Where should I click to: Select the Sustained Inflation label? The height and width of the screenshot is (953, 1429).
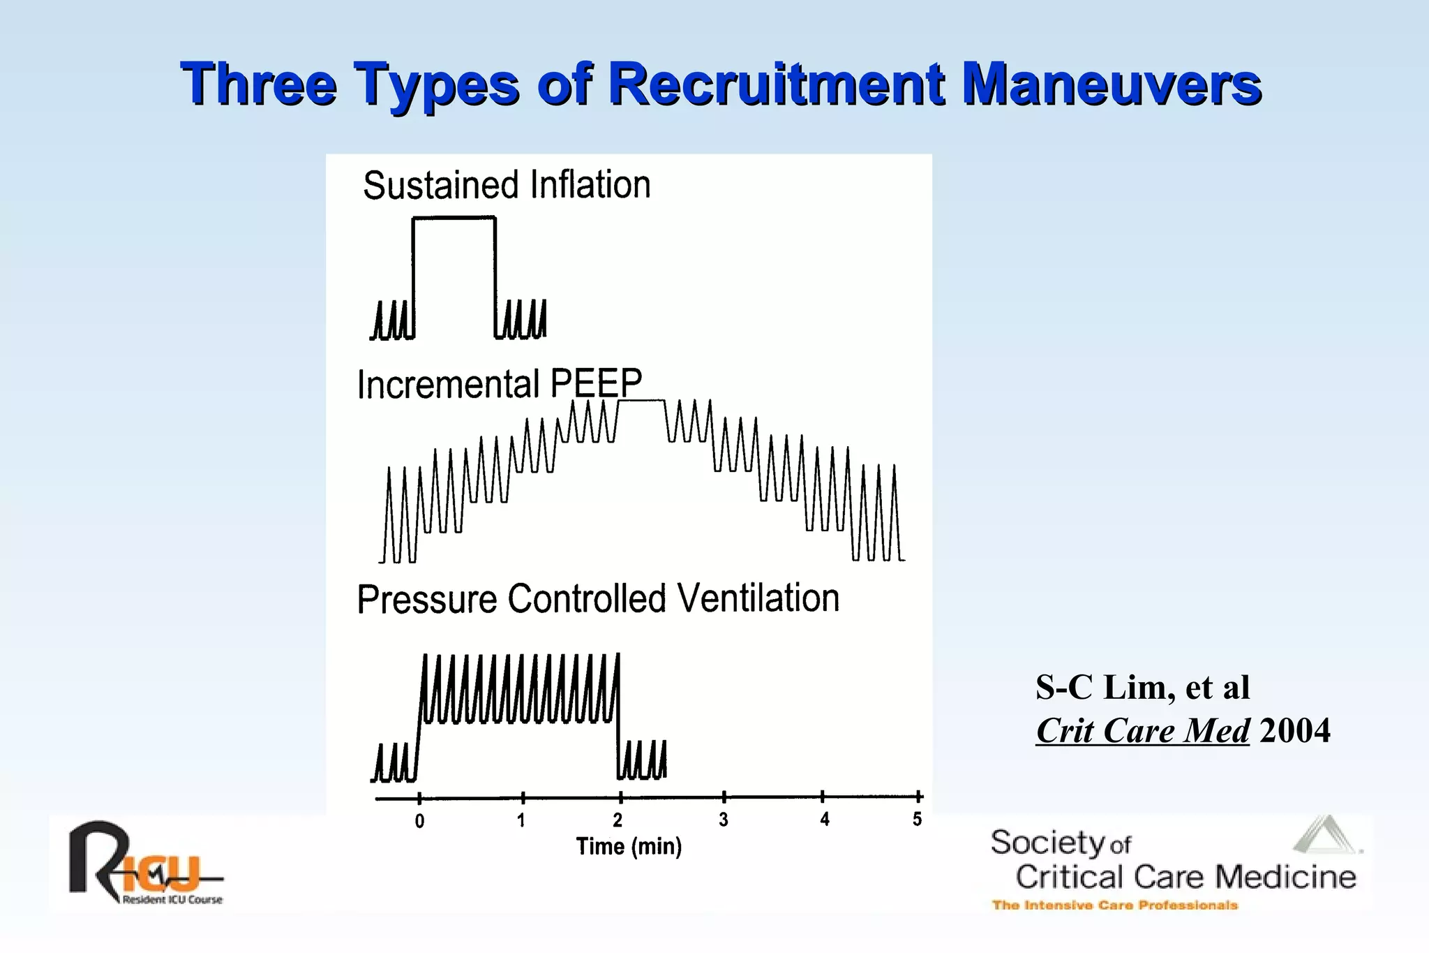[507, 186]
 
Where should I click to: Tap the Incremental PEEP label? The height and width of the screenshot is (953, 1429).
[499, 384]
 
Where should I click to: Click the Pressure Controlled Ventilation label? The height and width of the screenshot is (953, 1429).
[598, 599]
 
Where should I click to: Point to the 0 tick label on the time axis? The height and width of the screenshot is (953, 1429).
[419, 821]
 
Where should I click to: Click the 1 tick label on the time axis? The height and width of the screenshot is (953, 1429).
[521, 820]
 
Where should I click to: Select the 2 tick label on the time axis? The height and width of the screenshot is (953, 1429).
[618, 820]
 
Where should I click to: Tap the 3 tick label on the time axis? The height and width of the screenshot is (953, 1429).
[724, 820]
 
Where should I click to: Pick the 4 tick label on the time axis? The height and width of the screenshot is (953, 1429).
[825, 819]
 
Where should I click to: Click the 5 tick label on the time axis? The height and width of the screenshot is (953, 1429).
[917, 819]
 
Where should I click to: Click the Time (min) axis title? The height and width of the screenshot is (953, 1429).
[629, 847]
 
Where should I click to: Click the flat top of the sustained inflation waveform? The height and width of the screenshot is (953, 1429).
[454, 218]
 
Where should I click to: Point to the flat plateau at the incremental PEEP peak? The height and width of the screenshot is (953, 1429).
[641, 400]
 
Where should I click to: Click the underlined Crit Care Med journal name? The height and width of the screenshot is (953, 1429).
[1142, 731]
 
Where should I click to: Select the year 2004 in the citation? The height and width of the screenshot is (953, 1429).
[1295, 731]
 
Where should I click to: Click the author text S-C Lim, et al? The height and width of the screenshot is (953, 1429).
[1142, 688]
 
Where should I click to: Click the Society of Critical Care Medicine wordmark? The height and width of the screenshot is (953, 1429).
[1172, 860]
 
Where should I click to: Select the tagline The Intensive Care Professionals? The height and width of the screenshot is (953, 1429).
[1114, 906]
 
